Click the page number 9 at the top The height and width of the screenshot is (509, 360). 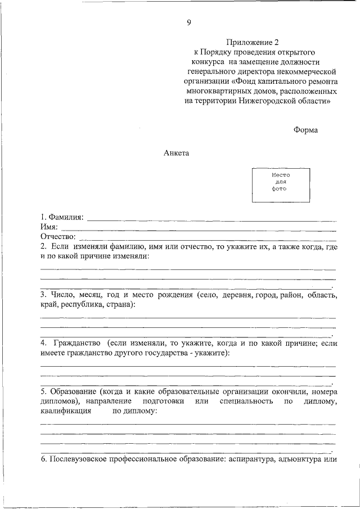click(x=189, y=22)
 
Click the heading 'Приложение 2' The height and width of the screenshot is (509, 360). click(x=253, y=42)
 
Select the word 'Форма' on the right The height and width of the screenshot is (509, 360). click(x=305, y=130)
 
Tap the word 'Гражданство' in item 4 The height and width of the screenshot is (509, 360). click(x=77, y=343)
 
